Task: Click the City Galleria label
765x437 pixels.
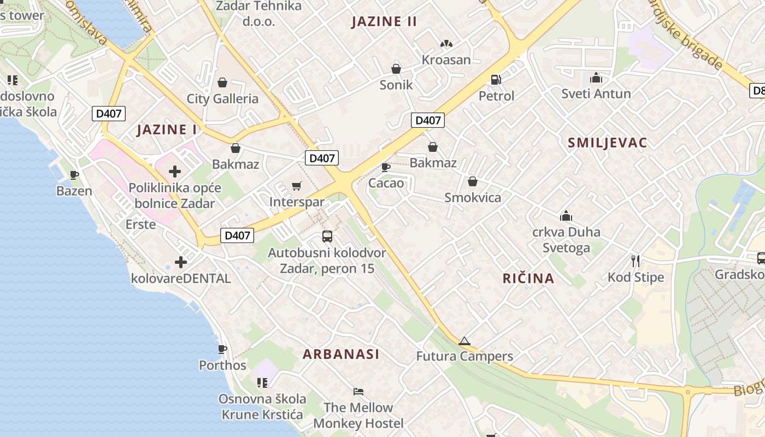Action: (x=222, y=99)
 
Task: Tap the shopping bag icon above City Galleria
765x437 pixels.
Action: (x=222, y=82)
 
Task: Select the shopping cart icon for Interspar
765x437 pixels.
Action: (x=297, y=186)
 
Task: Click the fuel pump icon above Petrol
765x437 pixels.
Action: (x=496, y=80)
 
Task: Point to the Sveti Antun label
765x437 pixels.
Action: (x=596, y=94)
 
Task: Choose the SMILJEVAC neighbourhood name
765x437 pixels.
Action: (x=607, y=143)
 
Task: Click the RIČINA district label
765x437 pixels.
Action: (x=528, y=279)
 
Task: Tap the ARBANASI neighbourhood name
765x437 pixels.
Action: (x=341, y=354)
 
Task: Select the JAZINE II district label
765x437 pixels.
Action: (x=384, y=22)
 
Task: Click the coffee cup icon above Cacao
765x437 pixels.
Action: (x=385, y=167)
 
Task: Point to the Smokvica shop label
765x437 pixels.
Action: (x=473, y=198)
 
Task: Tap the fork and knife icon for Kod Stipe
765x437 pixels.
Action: (x=635, y=261)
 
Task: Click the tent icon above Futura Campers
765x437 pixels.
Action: (x=464, y=341)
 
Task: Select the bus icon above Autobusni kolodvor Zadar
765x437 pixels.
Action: (x=327, y=237)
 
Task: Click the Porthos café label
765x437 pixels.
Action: (x=222, y=365)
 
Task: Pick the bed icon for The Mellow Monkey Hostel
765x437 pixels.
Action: (x=358, y=392)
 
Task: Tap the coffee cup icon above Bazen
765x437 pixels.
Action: (x=74, y=175)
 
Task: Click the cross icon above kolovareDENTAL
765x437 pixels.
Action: (x=181, y=263)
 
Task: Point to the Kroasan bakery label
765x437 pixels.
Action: (x=446, y=60)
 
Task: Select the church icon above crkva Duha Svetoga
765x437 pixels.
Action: (x=566, y=216)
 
